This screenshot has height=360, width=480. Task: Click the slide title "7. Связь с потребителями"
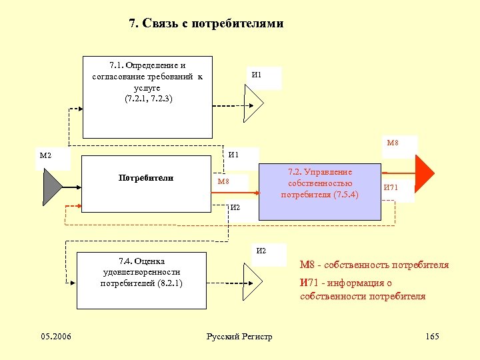point(206,24)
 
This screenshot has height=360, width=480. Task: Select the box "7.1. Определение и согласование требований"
point(147,97)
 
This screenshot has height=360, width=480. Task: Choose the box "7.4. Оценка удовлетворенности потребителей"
point(141,280)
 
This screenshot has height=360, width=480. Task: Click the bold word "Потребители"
point(146,178)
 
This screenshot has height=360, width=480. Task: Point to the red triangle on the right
point(424,175)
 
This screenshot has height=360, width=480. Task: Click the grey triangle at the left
point(52,186)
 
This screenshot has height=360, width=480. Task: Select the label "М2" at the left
point(46,156)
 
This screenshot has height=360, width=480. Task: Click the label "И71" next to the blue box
point(391,188)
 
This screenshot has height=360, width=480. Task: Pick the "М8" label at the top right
point(393,142)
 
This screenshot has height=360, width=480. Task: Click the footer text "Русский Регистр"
point(240,336)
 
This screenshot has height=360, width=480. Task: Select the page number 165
point(432,336)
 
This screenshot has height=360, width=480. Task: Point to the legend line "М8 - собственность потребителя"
point(374,265)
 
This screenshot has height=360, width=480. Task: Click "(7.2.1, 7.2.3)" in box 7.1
point(148,99)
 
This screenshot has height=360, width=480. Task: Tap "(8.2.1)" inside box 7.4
point(167,283)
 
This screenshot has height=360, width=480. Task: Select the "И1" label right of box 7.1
point(257,75)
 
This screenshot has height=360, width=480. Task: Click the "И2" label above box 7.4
point(261,251)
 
